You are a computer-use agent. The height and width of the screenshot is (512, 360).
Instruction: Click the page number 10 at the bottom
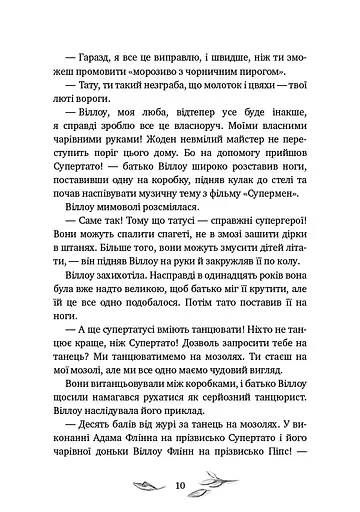point(180,485)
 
